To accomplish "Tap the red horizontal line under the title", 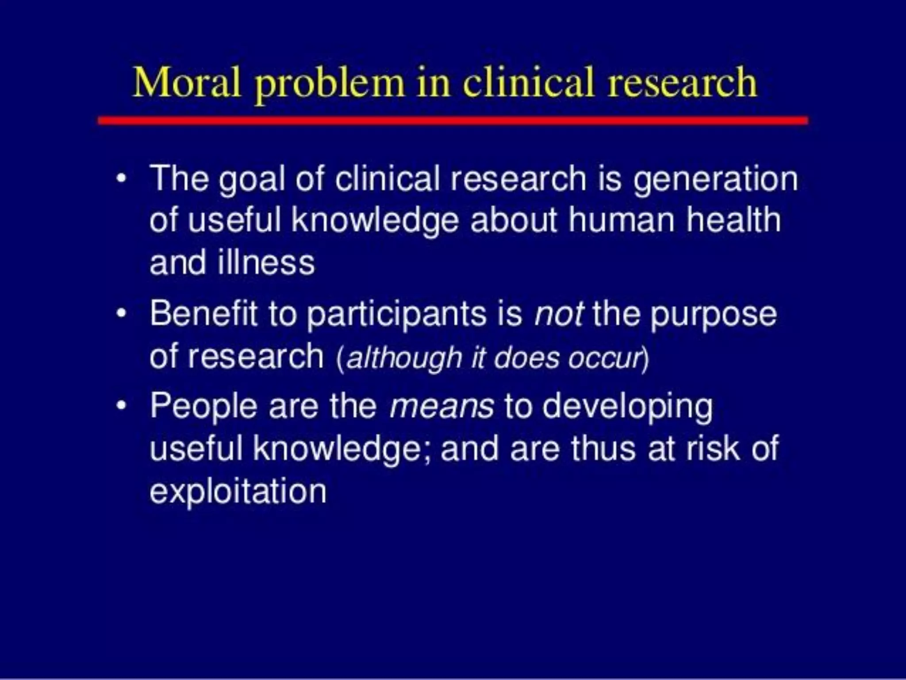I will (453, 120).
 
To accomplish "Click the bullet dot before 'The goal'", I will (121, 179).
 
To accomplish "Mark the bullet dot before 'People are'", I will (121, 405).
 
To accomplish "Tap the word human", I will (621, 220).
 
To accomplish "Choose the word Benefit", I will (203, 313).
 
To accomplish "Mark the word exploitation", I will (238, 491).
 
